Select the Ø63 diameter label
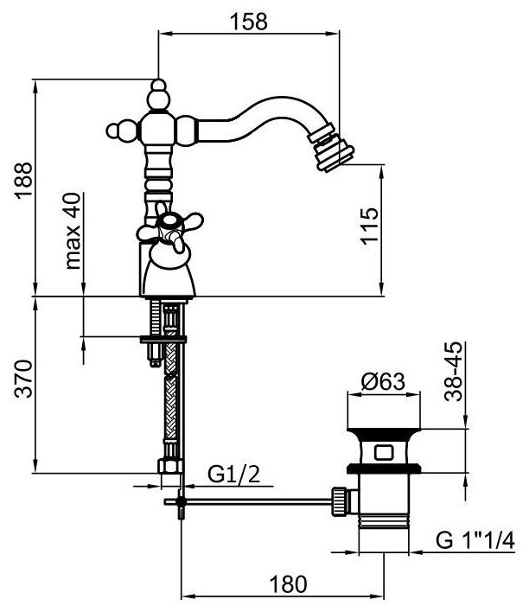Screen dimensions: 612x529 pos(380,379)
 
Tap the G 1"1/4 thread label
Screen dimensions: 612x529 pos(475,542)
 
